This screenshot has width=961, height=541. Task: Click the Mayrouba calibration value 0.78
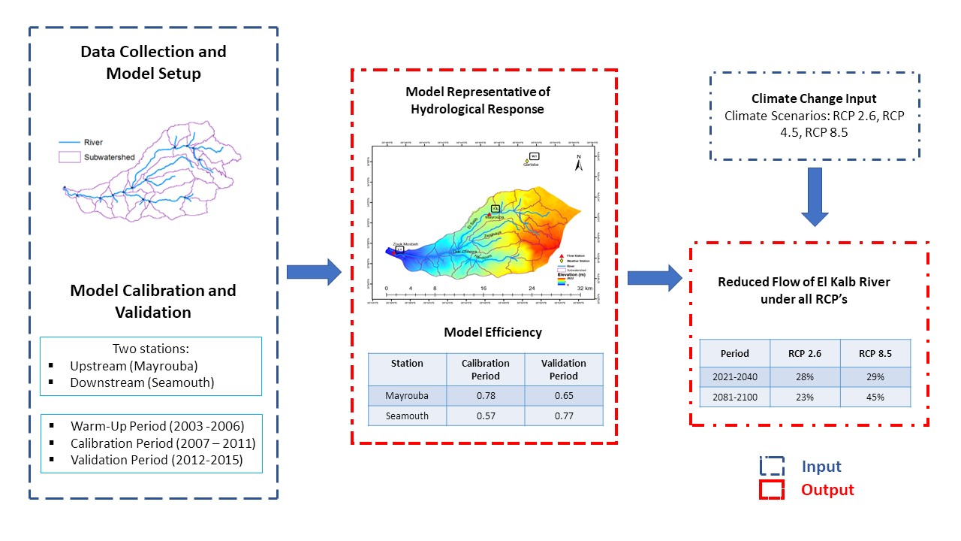(x=485, y=395)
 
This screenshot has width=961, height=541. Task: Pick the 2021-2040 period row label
(x=734, y=376)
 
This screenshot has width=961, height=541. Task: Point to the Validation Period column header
(x=563, y=369)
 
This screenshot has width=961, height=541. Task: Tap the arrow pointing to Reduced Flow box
(x=654, y=277)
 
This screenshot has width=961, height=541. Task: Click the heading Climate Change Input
(x=814, y=98)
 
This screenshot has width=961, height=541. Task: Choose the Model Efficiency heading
(x=493, y=332)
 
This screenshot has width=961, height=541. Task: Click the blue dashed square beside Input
(x=772, y=467)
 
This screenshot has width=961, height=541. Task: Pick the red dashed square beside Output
(x=772, y=490)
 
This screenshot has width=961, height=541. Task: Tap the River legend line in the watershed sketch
(x=71, y=142)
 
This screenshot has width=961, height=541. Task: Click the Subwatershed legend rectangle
(x=71, y=157)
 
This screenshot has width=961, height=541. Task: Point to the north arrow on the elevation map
(x=578, y=164)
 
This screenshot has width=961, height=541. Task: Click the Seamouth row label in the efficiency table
(x=407, y=416)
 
